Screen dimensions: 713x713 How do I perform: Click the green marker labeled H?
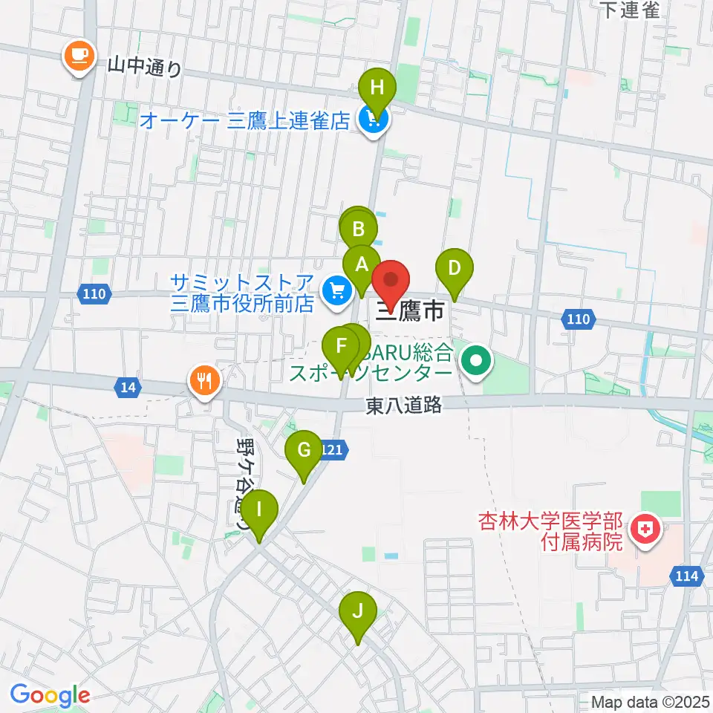pos(377,90)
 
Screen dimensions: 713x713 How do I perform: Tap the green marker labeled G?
pos(304,451)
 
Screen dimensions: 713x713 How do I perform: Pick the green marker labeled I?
pos(258,510)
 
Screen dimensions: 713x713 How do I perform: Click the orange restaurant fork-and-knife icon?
pos(204,381)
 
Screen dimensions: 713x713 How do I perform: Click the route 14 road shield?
pos(128,386)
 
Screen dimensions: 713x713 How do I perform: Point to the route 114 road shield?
pos(688,575)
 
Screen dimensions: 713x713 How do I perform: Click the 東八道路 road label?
pos(404,405)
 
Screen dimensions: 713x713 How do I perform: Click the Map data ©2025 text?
pos(650,701)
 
